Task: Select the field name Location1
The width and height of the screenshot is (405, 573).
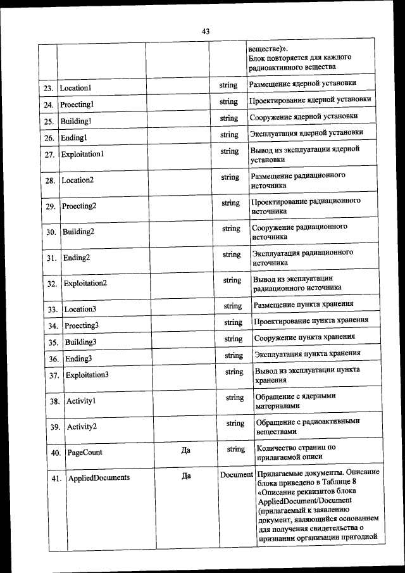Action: point(75,87)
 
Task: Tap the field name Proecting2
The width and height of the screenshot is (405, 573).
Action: point(79,206)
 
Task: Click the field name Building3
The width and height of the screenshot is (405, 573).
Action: point(80,343)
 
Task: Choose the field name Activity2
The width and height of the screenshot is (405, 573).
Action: point(82,427)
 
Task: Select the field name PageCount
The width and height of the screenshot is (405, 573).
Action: point(85,453)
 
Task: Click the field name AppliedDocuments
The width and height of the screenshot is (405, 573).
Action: point(99,478)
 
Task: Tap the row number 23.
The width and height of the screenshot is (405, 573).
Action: point(47,87)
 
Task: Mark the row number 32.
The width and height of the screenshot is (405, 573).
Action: point(53,284)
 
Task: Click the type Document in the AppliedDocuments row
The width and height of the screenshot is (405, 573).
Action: point(236,475)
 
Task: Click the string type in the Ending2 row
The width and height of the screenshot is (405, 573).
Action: point(231,255)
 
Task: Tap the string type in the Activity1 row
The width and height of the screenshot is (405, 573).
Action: point(235,398)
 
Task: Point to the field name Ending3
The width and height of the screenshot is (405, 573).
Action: point(78,359)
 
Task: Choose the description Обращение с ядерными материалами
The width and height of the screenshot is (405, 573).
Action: point(296,401)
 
